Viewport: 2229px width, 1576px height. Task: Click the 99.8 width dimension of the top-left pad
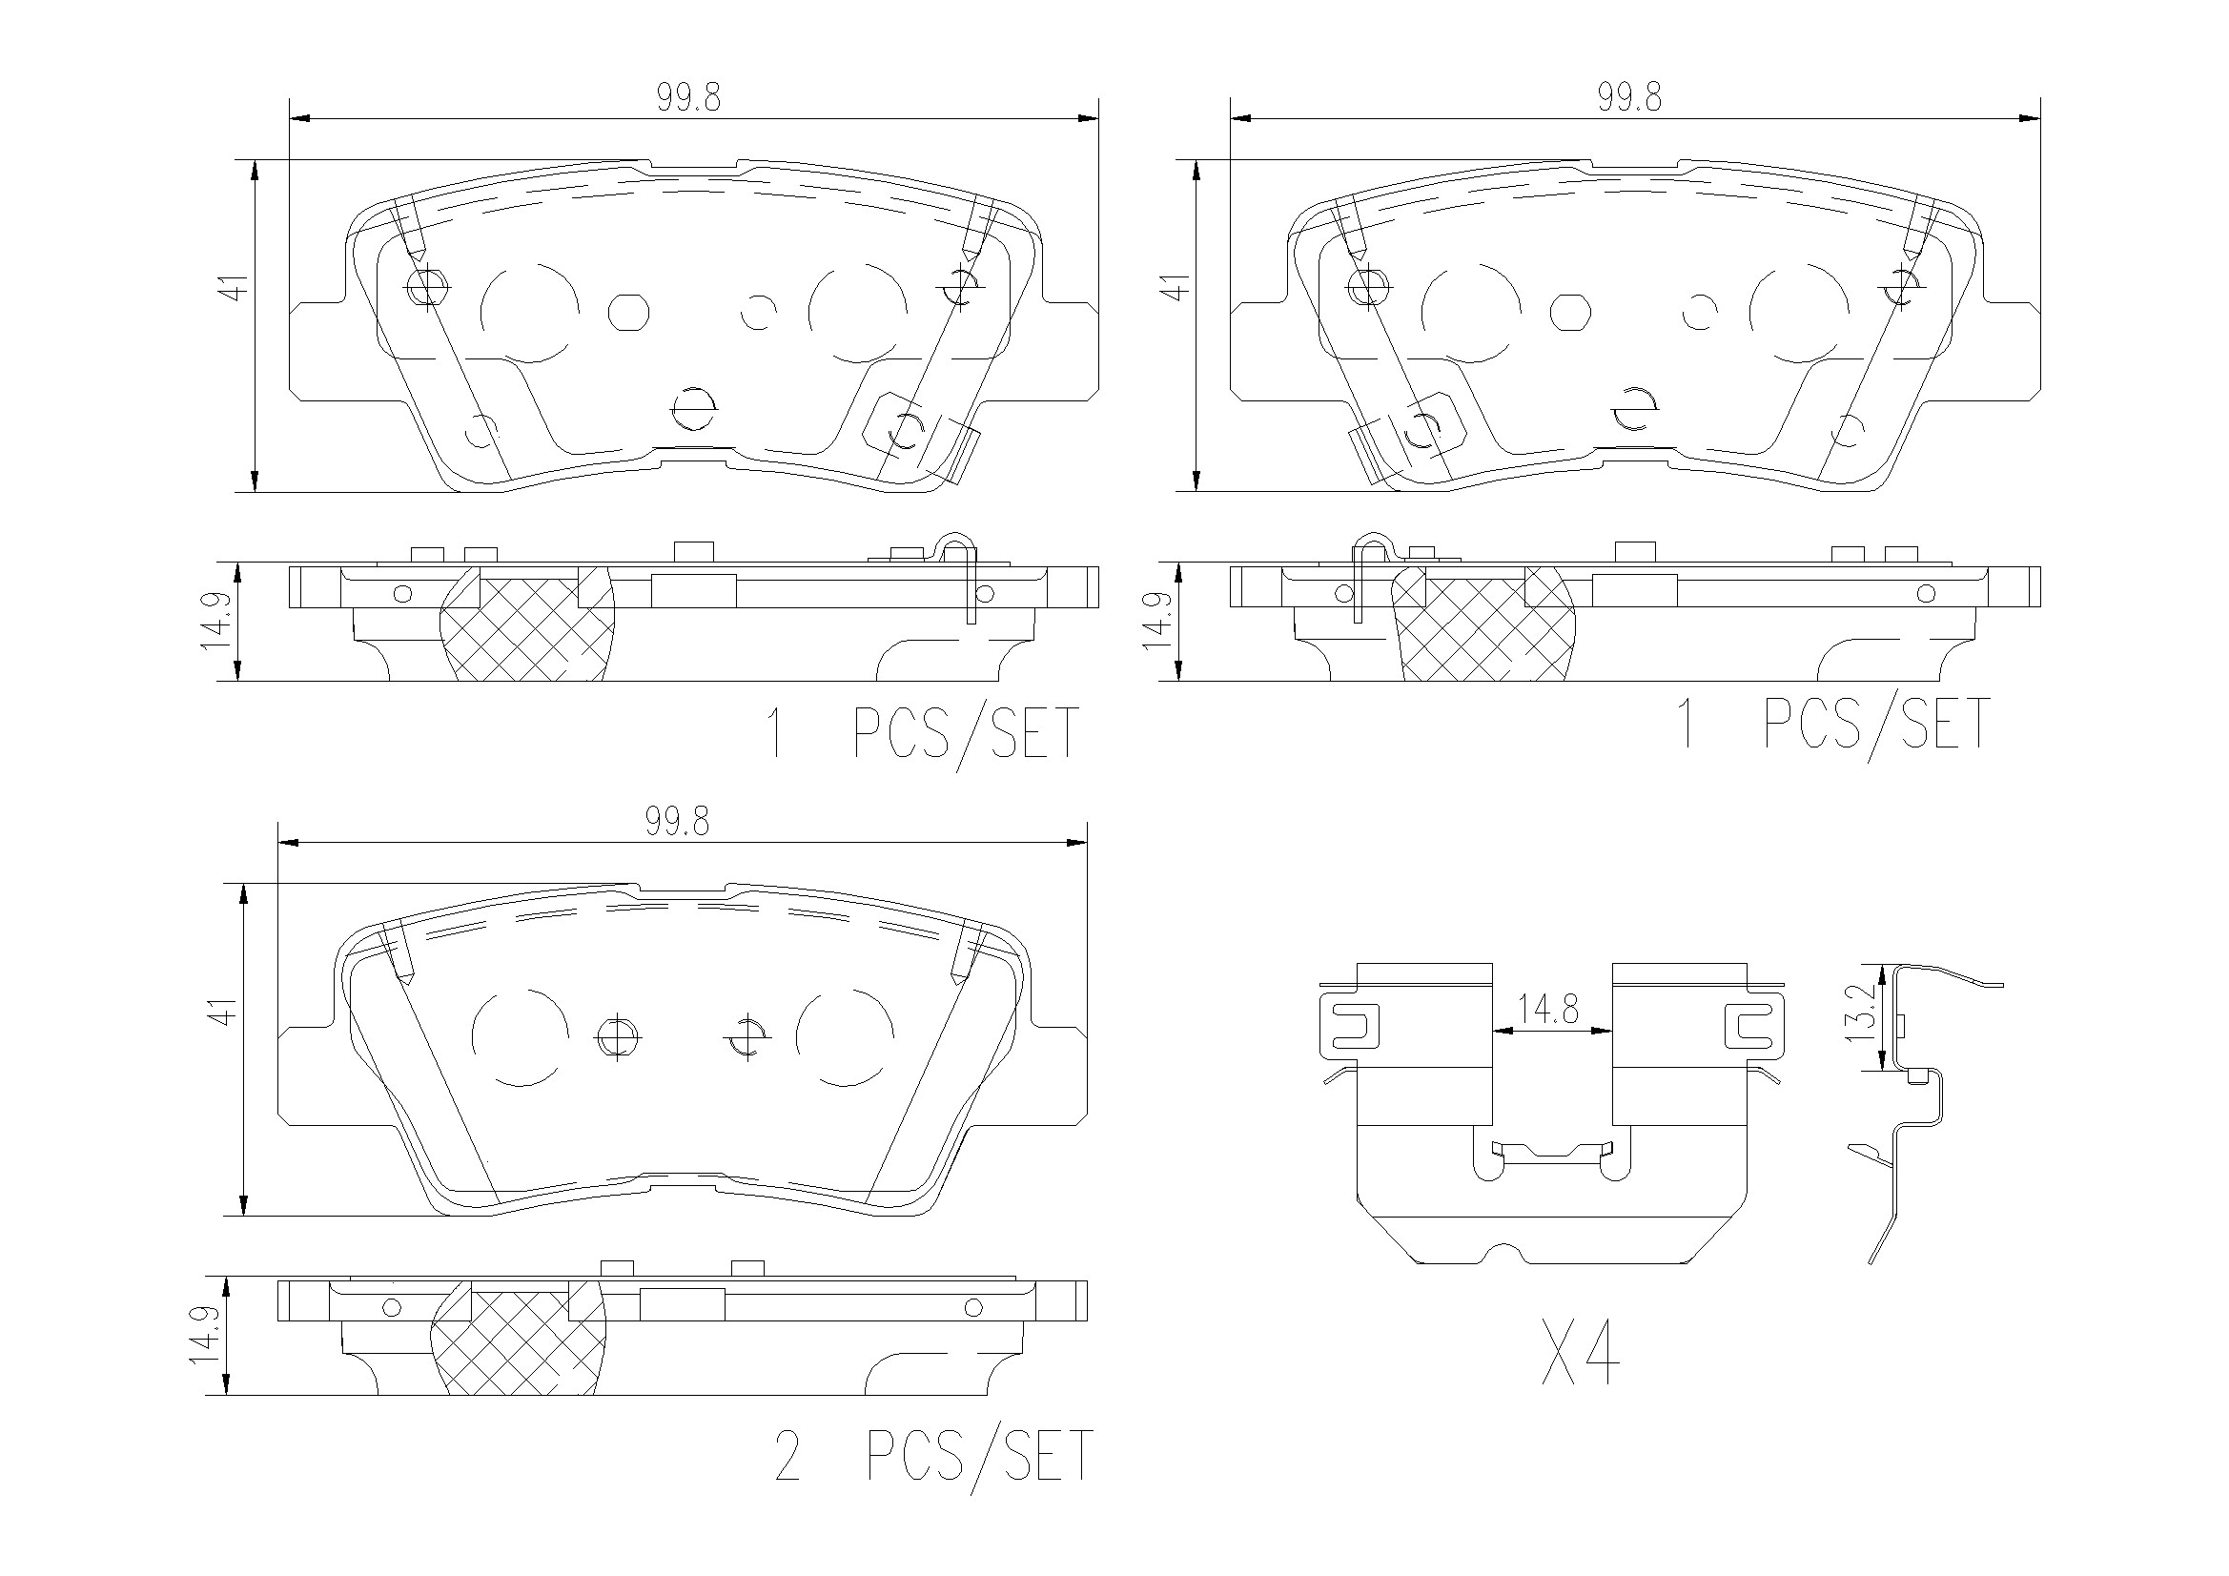(688, 98)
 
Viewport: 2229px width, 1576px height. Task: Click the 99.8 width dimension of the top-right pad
(1629, 98)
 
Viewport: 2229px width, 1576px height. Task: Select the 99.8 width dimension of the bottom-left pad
(678, 822)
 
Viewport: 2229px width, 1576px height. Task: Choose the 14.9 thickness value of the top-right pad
(1159, 622)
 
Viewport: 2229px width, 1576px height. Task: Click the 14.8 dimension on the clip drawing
(1548, 1011)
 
